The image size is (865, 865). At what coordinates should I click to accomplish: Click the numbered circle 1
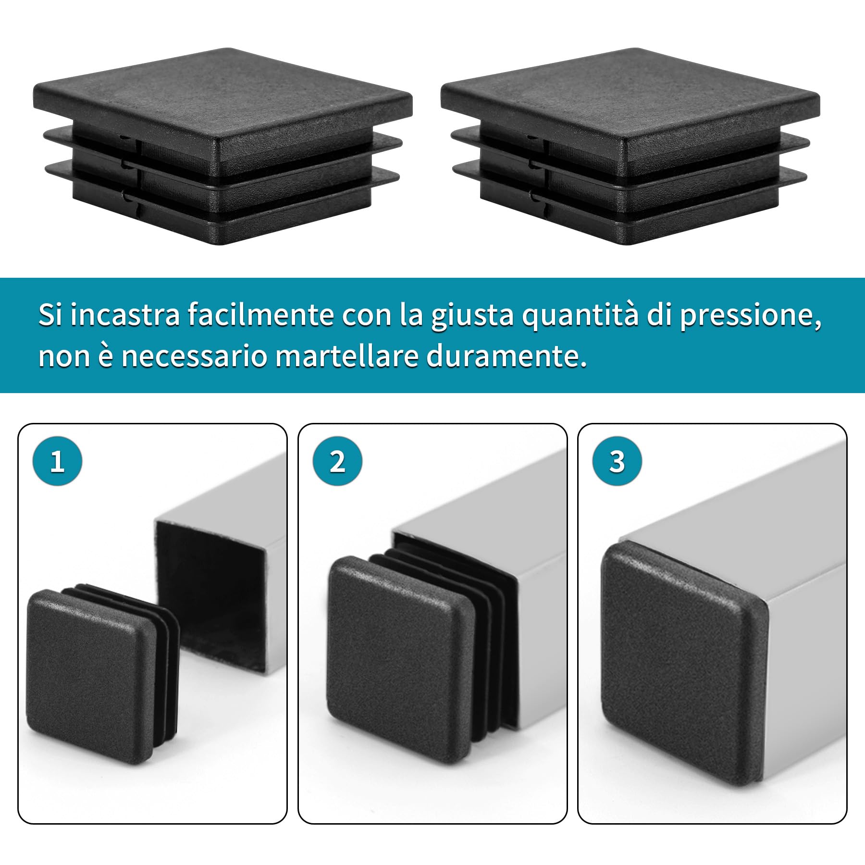tap(57, 461)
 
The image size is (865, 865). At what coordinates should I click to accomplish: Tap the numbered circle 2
tap(337, 461)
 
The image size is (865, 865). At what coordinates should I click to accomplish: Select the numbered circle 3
tap(617, 461)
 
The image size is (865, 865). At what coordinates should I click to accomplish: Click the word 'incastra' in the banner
tap(125, 315)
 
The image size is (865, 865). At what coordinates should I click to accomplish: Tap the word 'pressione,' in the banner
tap(750, 316)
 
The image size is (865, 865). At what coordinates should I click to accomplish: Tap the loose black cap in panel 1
tap(91, 673)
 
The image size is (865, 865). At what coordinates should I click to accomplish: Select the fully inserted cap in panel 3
tap(673, 663)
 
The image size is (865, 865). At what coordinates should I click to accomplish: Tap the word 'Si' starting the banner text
tap(50, 315)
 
